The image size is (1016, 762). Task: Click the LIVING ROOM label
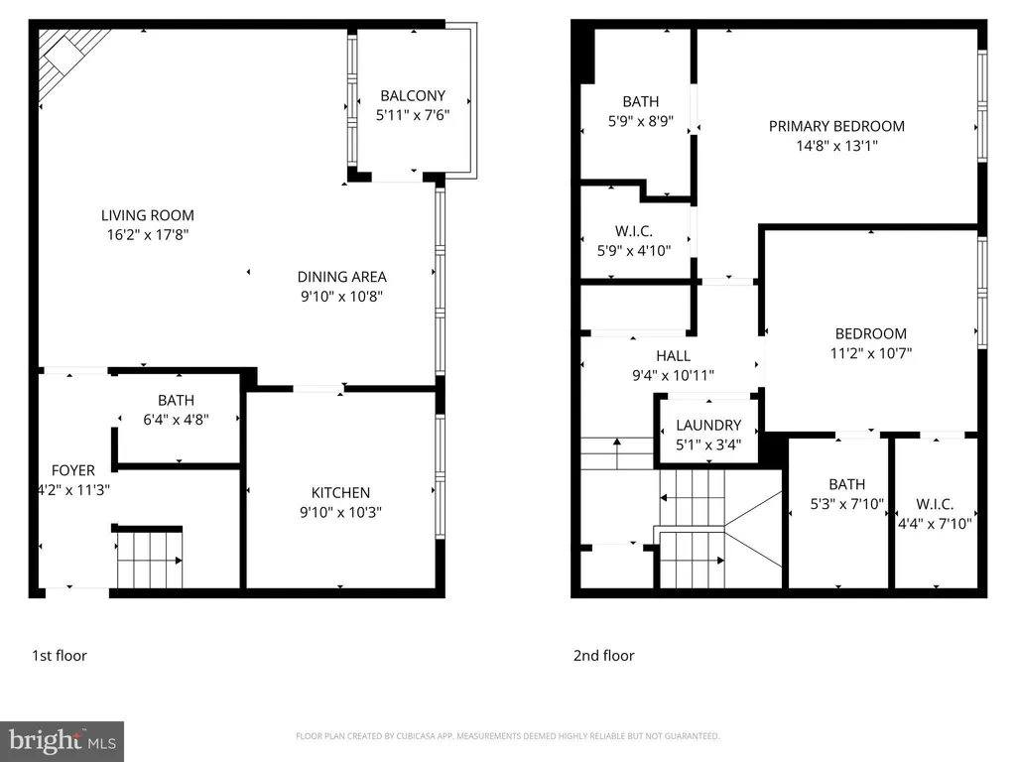tap(147, 215)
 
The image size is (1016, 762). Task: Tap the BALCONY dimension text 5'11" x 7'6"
tap(413, 115)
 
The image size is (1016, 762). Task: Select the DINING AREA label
tap(341, 277)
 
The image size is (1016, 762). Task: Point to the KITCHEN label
tap(340, 492)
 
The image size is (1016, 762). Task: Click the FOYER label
tap(73, 470)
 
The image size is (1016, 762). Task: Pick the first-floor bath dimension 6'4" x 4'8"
tap(176, 420)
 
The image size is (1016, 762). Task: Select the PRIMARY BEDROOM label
tap(836, 126)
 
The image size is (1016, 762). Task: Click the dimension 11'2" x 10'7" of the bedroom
tap(871, 353)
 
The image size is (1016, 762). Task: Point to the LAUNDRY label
tap(708, 425)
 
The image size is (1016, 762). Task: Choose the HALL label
tap(674, 356)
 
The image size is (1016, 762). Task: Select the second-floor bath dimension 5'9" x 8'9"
tap(641, 121)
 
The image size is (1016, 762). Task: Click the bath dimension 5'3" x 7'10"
tap(847, 504)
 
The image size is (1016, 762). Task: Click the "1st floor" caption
tap(59, 656)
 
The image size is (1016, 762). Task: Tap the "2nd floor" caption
tap(603, 656)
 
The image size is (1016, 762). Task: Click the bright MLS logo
tap(63, 741)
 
